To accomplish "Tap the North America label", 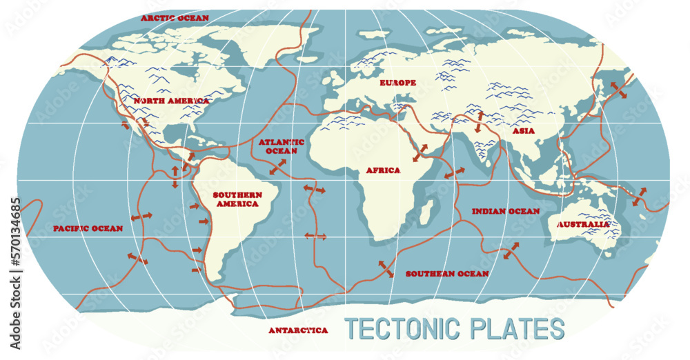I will (x=172, y=101).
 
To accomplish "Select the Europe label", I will (x=398, y=83).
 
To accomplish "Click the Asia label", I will (x=524, y=130).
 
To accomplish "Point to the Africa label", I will (x=383, y=170).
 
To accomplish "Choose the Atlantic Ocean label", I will (x=278, y=146).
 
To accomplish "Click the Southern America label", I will (x=236, y=199).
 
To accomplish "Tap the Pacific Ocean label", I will (x=88, y=228).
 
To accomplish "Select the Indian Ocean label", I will (x=505, y=211).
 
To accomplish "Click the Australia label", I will (x=584, y=224).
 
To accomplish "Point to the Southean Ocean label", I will (x=447, y=274).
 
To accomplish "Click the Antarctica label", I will (x=298, y=330).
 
